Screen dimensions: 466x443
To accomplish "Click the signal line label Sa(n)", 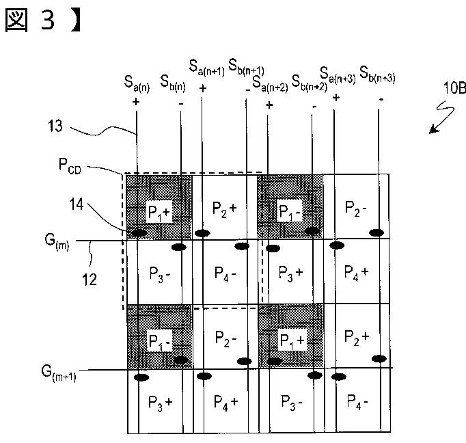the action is (137, 84).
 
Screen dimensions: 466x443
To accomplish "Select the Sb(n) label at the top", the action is (173, 83).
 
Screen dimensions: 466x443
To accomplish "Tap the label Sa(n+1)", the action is (207, 68).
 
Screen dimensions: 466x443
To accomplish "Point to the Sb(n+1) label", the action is (246, 67).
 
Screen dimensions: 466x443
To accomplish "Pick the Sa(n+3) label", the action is (338, 75).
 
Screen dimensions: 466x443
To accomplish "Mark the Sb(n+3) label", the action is (377, 75).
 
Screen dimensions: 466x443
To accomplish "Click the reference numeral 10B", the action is (454, 88).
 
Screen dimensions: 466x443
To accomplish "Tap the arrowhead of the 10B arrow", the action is (433, 130).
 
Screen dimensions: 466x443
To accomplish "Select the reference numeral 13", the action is (55, 126).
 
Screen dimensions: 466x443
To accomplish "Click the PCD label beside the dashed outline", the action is (70, 166).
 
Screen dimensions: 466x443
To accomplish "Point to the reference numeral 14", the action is (77, 204).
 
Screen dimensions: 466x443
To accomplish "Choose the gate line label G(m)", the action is (57, 242).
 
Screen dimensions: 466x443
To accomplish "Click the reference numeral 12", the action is (89, 280).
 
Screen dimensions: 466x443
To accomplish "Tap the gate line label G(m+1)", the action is (59, 373).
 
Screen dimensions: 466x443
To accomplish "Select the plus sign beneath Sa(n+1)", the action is (203, 88).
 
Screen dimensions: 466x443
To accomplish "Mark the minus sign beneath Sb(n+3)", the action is (381, 99).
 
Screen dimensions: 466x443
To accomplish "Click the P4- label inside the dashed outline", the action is (225, 274).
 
